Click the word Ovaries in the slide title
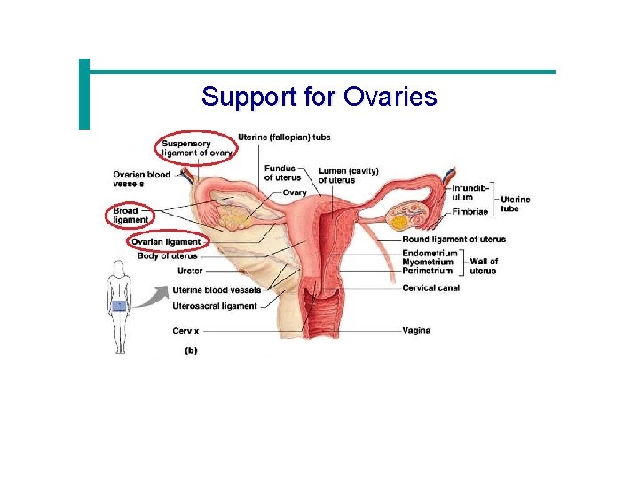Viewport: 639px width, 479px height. pyautogui.click(x=394, y=96)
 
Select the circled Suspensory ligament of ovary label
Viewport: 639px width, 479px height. pyautogui.click(x=197, y=148)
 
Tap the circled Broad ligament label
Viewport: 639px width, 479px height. pyautogui.click(x=130, y=215)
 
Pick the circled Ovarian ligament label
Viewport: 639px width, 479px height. pyautogui.click(x=166, y=241)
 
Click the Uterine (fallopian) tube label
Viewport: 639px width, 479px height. pyautogui.click(x=284, y=137)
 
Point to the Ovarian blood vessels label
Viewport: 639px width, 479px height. pyautogui.click(x=141, y=178)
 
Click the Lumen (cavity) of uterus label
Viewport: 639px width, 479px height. pyautogui.click(x=348, y=175)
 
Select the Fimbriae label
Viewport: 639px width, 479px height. pyautogui.click(x=469, y=212)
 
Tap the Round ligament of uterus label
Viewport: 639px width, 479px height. pyautogui.click(x=454, y=239)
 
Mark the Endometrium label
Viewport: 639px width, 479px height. pyautogui.click(x=430, y=253)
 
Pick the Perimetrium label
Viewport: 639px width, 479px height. pyautogui.click(x=427, y=271)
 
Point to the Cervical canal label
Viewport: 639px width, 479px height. pyautogui.click(x=430, y=287)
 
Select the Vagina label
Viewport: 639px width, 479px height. pyautogui.click(x=416, y=330)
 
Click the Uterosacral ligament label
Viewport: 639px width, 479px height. pyautogui.click(x=215, y=306)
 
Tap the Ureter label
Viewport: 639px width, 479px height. pyautogui.click(x=190, y=271)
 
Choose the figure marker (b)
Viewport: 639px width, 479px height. pyautogui.click(x=191, y=349)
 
